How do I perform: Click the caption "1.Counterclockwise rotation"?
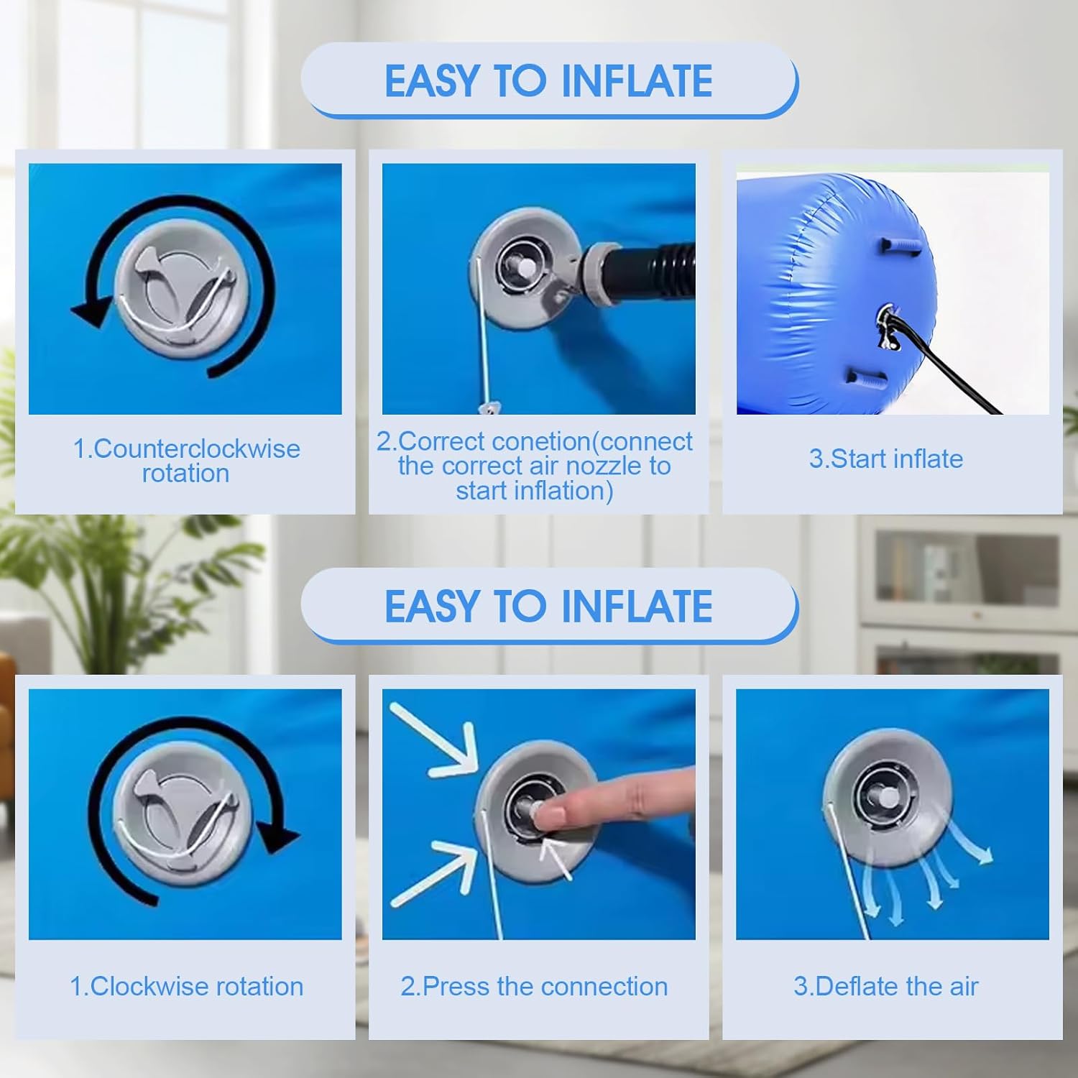(x=186, y=461)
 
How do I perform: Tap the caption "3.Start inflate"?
(x=886, y=459)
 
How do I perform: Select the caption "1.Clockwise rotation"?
(x=186, y=986)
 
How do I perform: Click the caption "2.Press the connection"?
(x=534, y=986)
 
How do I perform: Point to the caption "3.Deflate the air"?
(x=886, y=986)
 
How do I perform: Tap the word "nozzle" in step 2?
(x=607, y=466)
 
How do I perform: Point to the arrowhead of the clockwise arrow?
(x=278, y=837)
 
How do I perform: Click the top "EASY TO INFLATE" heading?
(x=548, y=80)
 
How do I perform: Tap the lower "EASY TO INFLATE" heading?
(x=548, y=606)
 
